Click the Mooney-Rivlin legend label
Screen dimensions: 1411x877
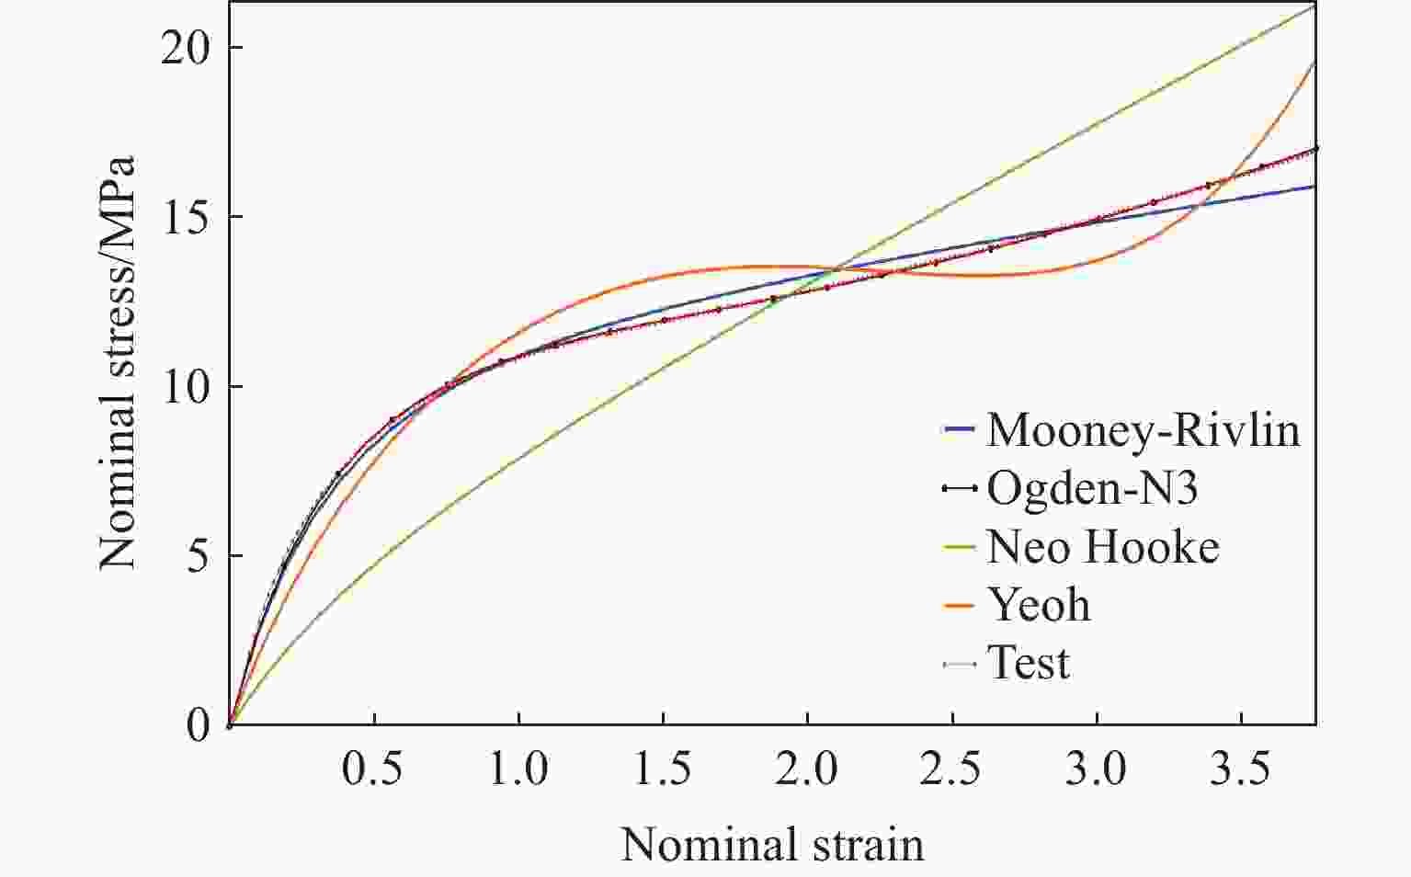[1144, 431]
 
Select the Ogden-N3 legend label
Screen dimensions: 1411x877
[1092, 489]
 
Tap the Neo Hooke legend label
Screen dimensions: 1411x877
[1103, 547]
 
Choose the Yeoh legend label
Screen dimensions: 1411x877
[1039, 605]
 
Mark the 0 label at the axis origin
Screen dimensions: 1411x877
[199, 725]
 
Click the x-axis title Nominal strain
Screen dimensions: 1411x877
[773, 844]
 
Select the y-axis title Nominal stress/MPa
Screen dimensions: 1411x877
[117, 363]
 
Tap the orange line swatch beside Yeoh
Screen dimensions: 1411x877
[959, 606]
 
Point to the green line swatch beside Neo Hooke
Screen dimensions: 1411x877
[959, 548]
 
